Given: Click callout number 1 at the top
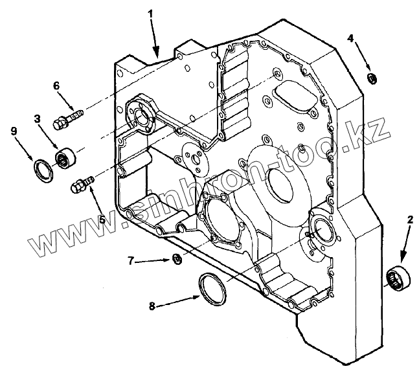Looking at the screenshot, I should coord(150,12).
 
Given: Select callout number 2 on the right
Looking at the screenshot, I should coord(409,220).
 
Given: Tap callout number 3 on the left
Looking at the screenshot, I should coord(38,119).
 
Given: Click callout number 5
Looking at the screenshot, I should coord(102,219).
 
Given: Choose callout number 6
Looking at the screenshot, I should coord(56,85).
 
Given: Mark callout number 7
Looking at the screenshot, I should coord(131,261).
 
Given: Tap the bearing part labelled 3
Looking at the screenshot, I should coord(66,158).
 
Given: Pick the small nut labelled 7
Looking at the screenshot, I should coord(176,260).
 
